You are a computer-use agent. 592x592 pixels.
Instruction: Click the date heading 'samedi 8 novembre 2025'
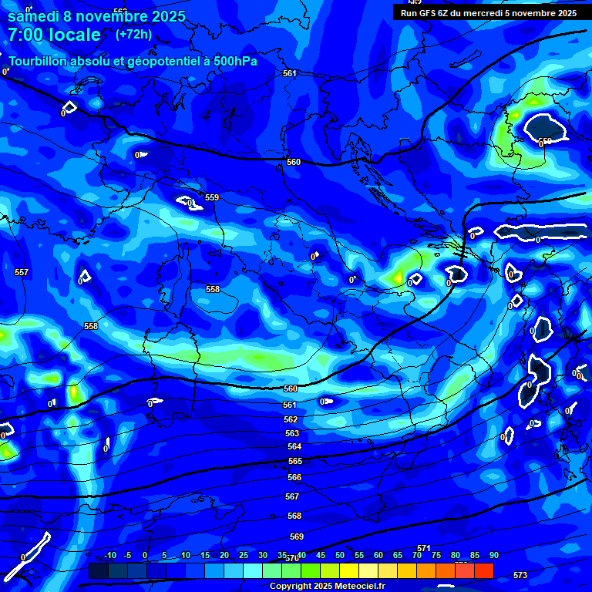(96, 15)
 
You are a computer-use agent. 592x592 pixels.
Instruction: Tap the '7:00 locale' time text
(54, 35)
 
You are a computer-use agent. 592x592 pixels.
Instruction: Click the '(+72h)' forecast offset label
(133, 35)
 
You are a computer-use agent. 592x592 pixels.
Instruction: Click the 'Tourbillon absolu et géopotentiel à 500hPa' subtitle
(133, 61)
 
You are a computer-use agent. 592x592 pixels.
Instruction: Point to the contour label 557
(22, 272)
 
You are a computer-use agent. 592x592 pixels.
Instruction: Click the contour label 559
(212, 197)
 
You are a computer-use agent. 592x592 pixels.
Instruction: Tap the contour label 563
(291, 433)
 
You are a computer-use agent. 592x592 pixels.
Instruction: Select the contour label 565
(295, 461)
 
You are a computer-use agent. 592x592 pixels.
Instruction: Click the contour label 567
(293, 496)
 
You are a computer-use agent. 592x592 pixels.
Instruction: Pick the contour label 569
(297, 536)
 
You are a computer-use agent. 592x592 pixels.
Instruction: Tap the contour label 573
(520, 575)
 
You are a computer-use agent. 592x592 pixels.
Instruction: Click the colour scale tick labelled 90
(494, 555)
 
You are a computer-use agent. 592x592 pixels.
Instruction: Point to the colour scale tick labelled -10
(110, 555)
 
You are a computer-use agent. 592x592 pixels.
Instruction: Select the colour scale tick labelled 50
(340, 555)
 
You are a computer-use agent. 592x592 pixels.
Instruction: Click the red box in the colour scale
(484, 570)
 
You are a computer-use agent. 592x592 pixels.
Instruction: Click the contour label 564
(294, 446)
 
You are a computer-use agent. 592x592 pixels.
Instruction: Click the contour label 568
(294, 515)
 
